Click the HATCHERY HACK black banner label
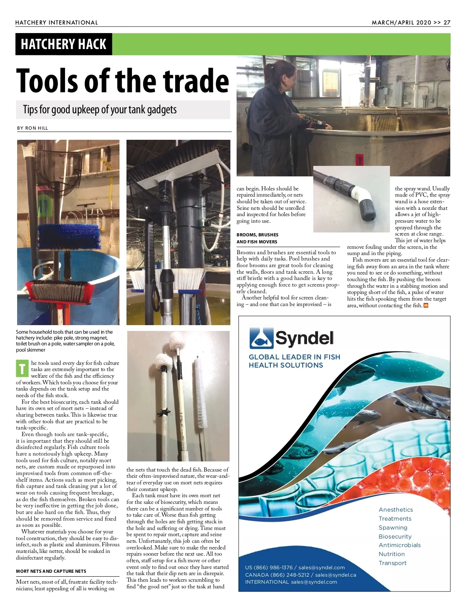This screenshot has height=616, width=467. point(63,44)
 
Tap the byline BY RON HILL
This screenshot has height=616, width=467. point(33,128)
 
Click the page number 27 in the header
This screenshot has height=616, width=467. point(447,23)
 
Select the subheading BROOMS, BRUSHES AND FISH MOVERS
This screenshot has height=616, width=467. point(258,238)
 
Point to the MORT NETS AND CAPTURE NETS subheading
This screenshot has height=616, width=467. point(51,571)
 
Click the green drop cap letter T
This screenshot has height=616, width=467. point(22,368)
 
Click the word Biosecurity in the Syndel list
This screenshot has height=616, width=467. point(395,537)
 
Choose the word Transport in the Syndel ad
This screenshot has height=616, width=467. point(392,563)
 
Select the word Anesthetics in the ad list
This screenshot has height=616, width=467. point(396,510)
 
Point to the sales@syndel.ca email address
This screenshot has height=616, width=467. point(335,575)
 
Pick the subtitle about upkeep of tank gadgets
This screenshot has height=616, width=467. point(100,110)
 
